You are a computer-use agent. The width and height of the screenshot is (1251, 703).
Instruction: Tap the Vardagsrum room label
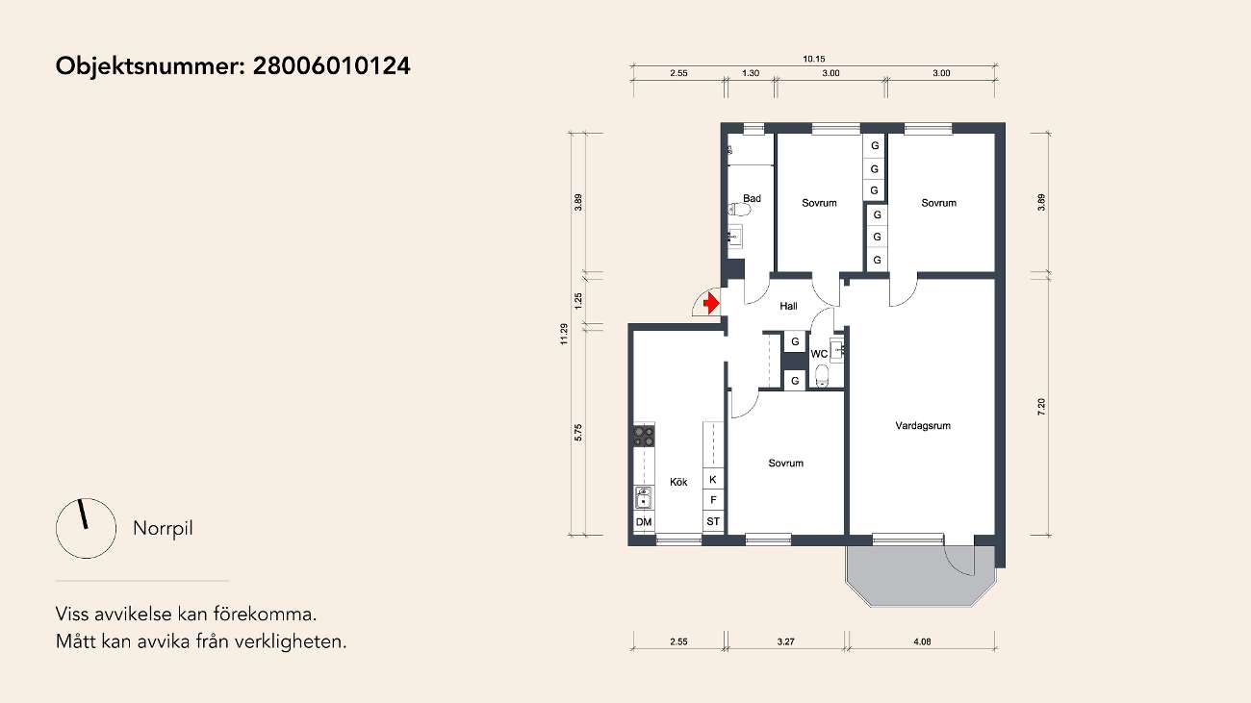[x=923, y=426]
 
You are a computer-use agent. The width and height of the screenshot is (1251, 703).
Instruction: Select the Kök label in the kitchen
[x=678, y=482]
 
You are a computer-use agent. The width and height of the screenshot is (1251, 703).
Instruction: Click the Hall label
[x=788, y=306]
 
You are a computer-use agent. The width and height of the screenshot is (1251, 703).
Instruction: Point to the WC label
[x=819, y=354]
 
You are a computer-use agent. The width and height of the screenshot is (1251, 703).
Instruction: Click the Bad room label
[x=752, y=198]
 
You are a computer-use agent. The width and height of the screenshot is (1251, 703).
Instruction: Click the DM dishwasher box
[x=644, y=522]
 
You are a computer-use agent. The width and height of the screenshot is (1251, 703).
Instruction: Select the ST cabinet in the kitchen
[x=713, y=521]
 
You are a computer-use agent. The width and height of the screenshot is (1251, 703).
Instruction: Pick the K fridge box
[x=713, y=479]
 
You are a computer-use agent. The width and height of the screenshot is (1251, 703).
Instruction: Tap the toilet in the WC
[x=822, y=375]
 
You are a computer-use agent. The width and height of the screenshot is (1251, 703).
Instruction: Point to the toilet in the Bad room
[x=739, y=210]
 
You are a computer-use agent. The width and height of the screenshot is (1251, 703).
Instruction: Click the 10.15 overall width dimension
[x=814, y=59]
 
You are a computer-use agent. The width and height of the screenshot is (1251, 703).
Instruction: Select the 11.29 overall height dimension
[x=564, y=334]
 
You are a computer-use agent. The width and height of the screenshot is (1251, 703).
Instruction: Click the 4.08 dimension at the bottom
[x=922, y=641]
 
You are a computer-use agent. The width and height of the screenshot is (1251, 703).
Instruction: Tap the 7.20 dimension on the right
[x=1041, y=407]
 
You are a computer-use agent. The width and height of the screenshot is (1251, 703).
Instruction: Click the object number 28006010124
[x=332, y=65]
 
